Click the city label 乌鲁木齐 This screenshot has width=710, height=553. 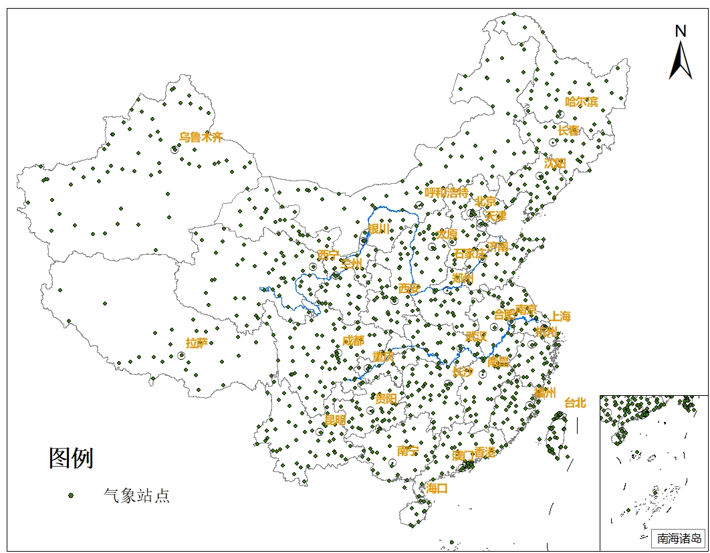(201, 138)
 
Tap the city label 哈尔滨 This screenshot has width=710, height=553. (582, 102)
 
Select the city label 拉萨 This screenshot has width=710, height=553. (197, 344)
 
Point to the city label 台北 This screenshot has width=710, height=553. (575, 403)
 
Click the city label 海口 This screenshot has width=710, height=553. (437, 489)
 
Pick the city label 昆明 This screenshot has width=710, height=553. (335, 421)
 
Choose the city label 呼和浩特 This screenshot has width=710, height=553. (447, 193)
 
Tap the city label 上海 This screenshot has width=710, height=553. (560, 317)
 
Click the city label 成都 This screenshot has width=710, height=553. (353, 341)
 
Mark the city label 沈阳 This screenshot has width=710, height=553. (555, 163)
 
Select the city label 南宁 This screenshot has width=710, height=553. (407, 451)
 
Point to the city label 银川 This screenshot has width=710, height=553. (378, 229)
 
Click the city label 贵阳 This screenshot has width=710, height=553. (386, 399)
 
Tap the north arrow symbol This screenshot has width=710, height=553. (681, 62)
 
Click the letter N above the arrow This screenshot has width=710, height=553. (681, 31)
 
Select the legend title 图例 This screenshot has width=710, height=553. (71, 459)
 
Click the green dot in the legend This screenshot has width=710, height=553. (70, 495)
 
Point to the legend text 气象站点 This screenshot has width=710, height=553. (136, 495)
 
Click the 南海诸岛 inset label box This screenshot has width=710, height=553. (678, 538)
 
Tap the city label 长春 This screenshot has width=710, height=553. (569, 131)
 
